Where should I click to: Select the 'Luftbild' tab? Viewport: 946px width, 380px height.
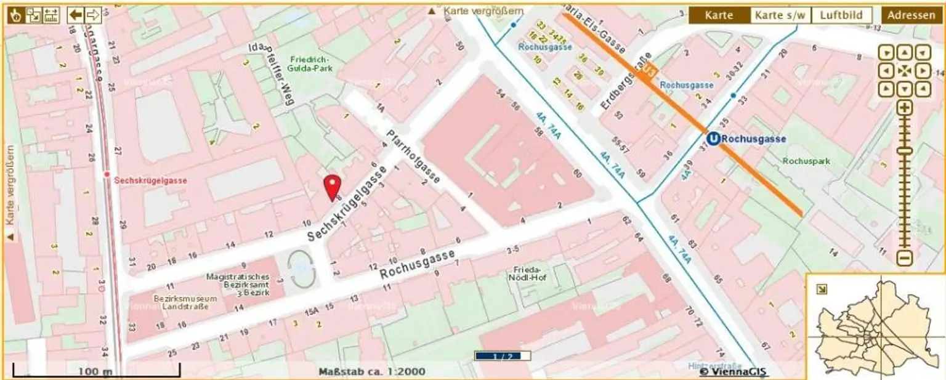(x=842, y=15)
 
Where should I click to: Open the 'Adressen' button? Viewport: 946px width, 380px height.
(x=911, y=15)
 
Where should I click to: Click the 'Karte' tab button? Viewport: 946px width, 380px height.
(x=719, y=15)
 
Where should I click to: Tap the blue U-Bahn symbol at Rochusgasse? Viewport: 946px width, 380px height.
(x=713, y=139)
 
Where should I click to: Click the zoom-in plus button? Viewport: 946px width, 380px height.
(x=904, y=108)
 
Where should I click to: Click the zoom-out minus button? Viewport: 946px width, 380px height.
(x=904, y=258)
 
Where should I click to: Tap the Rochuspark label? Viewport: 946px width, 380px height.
(x=806, y=161)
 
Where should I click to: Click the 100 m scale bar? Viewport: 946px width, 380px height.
(x=96, y=371)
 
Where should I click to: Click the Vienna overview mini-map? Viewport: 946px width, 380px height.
(x=875, y=326)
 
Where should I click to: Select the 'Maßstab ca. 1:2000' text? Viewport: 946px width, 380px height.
(x=371, y=371)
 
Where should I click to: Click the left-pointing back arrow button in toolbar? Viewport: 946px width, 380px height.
(x=76, y=15)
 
